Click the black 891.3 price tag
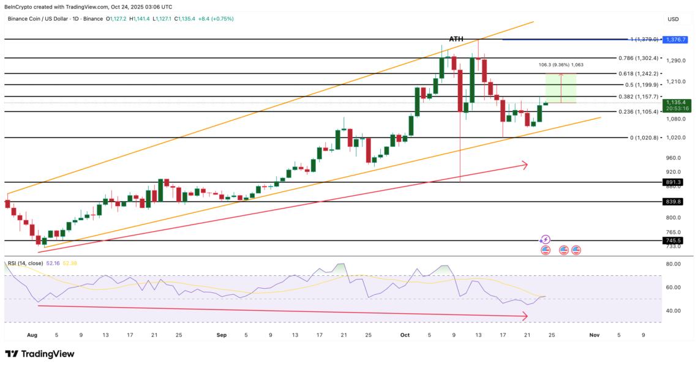[x=674, y=182]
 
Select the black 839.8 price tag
[x=674, y=202]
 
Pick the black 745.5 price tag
[x=674, y=241]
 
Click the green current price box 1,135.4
[x=678, y=105]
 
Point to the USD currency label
[x=674, y=19]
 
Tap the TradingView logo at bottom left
[x=40, y=354]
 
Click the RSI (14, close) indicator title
[x=25, y=263]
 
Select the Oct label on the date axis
[x=404, y=335]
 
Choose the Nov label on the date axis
[x=593, y=335]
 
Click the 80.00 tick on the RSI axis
[x=673, y=264]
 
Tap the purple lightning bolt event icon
[x=546, y=240]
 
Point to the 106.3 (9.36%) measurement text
[x=560, y=65]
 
